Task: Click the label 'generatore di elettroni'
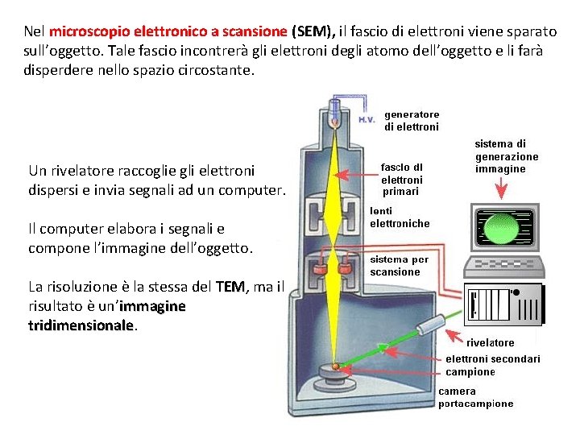pos(411,121)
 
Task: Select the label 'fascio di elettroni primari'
pos(401,180)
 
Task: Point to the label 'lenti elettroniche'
pos(400,217)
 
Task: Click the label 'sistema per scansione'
pos(399,266)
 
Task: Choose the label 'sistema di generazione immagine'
pos(507,156)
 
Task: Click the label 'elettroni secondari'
pos(493,358)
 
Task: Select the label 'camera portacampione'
pos(475,398)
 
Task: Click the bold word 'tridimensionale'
pos(80,324)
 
